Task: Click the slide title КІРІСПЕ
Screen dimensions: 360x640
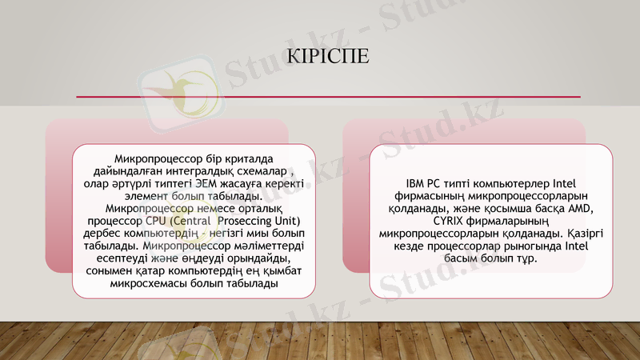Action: tap(331, 58)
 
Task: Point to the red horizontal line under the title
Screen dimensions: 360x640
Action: tap(328, 97)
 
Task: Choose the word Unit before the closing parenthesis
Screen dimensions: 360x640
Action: tap(282, 221)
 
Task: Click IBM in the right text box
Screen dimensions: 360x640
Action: tap(418, 183)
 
